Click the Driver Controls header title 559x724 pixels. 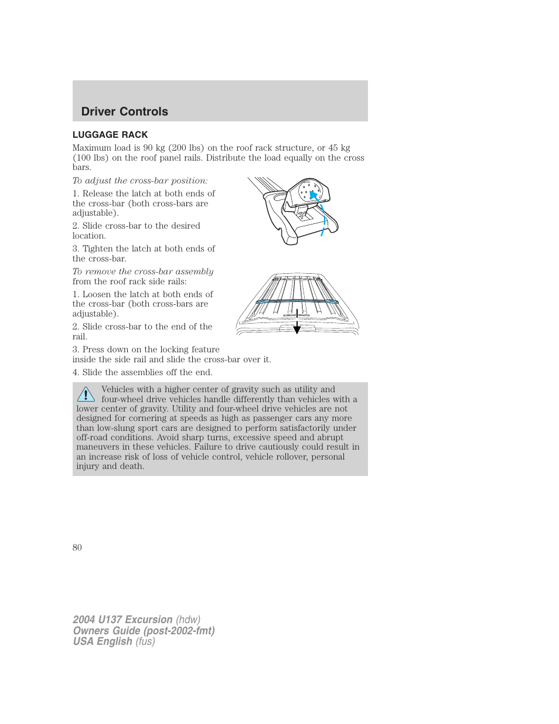pyautogui.click(x=124, y=111)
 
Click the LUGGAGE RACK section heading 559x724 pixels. pyautogui.click(x=110, y=135)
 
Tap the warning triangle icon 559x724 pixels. pyautogui.click(x=86, y=394)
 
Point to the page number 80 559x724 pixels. pyautogui.click(x=77, y=548)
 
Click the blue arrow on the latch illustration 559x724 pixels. pyautogui.click(x=314, y=195)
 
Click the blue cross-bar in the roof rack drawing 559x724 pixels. pyautogui.click(x=296, y=301)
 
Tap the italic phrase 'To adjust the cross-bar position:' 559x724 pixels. pyautogui.click(x=140, y=181)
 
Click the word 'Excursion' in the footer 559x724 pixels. pyautogui.click(x=149, y=620)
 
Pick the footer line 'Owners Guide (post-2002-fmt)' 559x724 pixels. pyautogui.click(x=144, y=631)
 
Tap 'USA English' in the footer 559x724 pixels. pyautogui.click(x=103, y=641)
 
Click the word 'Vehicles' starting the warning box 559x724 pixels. pyautogui.click(x=118, y=389)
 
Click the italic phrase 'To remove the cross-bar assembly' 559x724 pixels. pyautogui.click(x=143, y=271)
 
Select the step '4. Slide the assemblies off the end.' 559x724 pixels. pyautogui.click(x=142, y=372)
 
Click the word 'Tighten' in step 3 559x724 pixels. pyautogui.click(x=98, y=249)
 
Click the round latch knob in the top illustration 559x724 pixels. pyautogui.click(x=309, y=191)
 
